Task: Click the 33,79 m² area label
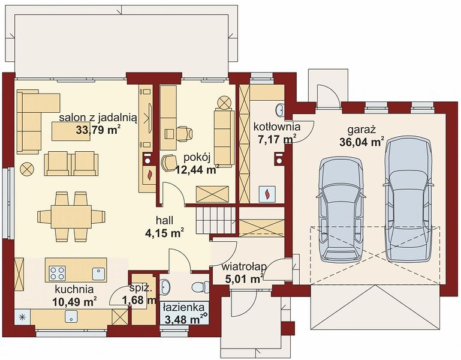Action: pyautogui.click(x=98, y=130)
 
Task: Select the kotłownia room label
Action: pyautogui.click(x=276, y=127)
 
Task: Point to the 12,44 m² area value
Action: pyautogui.click(x=197, y=169)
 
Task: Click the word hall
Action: pyautogui.click(x=164, y=220)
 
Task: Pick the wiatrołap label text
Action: pyautogui.click(x=245, y=267)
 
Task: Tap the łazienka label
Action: pyautogui.click(x=185, y=307)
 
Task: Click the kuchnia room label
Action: pyautogui.click(x=74, y=289)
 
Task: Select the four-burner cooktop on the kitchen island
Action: pyautogui.click(x=58, y=273)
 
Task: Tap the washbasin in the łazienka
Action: pyautogui.click(x=165, y=286)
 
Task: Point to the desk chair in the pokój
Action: pyautogui.click(x=185, y=133)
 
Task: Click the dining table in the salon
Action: pyautogui.click(x=71, y=217)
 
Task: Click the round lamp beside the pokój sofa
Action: pyautogui.click(x=224, y=103)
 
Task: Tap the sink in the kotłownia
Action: pyautogui.click(x=280, y=110)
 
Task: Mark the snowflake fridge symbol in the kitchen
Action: pyautogui.click(x=22, y=317)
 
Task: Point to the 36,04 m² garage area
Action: pyautogui.click(x=361, y=142)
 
